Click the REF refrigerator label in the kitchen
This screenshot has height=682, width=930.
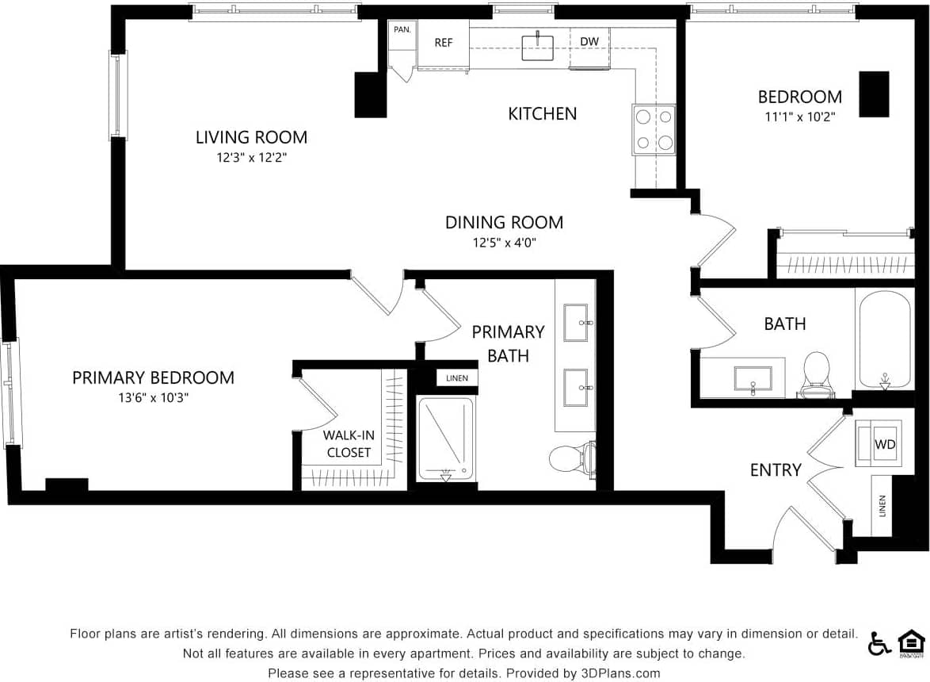(x=443, y=43)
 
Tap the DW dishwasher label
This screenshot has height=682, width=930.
(x=589, y=42)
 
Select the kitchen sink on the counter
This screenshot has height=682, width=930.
(x=538, y=47)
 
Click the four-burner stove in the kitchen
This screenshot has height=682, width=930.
(x=654, y=130)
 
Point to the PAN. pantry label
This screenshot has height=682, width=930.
(x=402, y=29)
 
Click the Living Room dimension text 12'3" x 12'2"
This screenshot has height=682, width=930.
(x=251, y=158)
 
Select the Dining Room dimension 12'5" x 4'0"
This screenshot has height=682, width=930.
(x=504, y=243)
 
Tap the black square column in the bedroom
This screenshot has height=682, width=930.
(x=875, y=94)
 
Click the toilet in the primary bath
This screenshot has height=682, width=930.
(x=571, y=458)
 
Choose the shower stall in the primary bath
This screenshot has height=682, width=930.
(x=445, y=439)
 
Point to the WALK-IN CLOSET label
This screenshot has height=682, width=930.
(x=349, y=444)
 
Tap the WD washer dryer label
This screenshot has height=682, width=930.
(x=884, y=445)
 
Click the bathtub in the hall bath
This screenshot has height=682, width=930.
(x=884, y=339)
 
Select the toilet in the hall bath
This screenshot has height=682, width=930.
(x=816, y=376)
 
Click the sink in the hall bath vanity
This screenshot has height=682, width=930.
(x=753, y=378)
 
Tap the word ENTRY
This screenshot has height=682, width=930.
(x=776, y=470)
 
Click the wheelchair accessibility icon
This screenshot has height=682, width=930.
(x=879, y=643)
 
